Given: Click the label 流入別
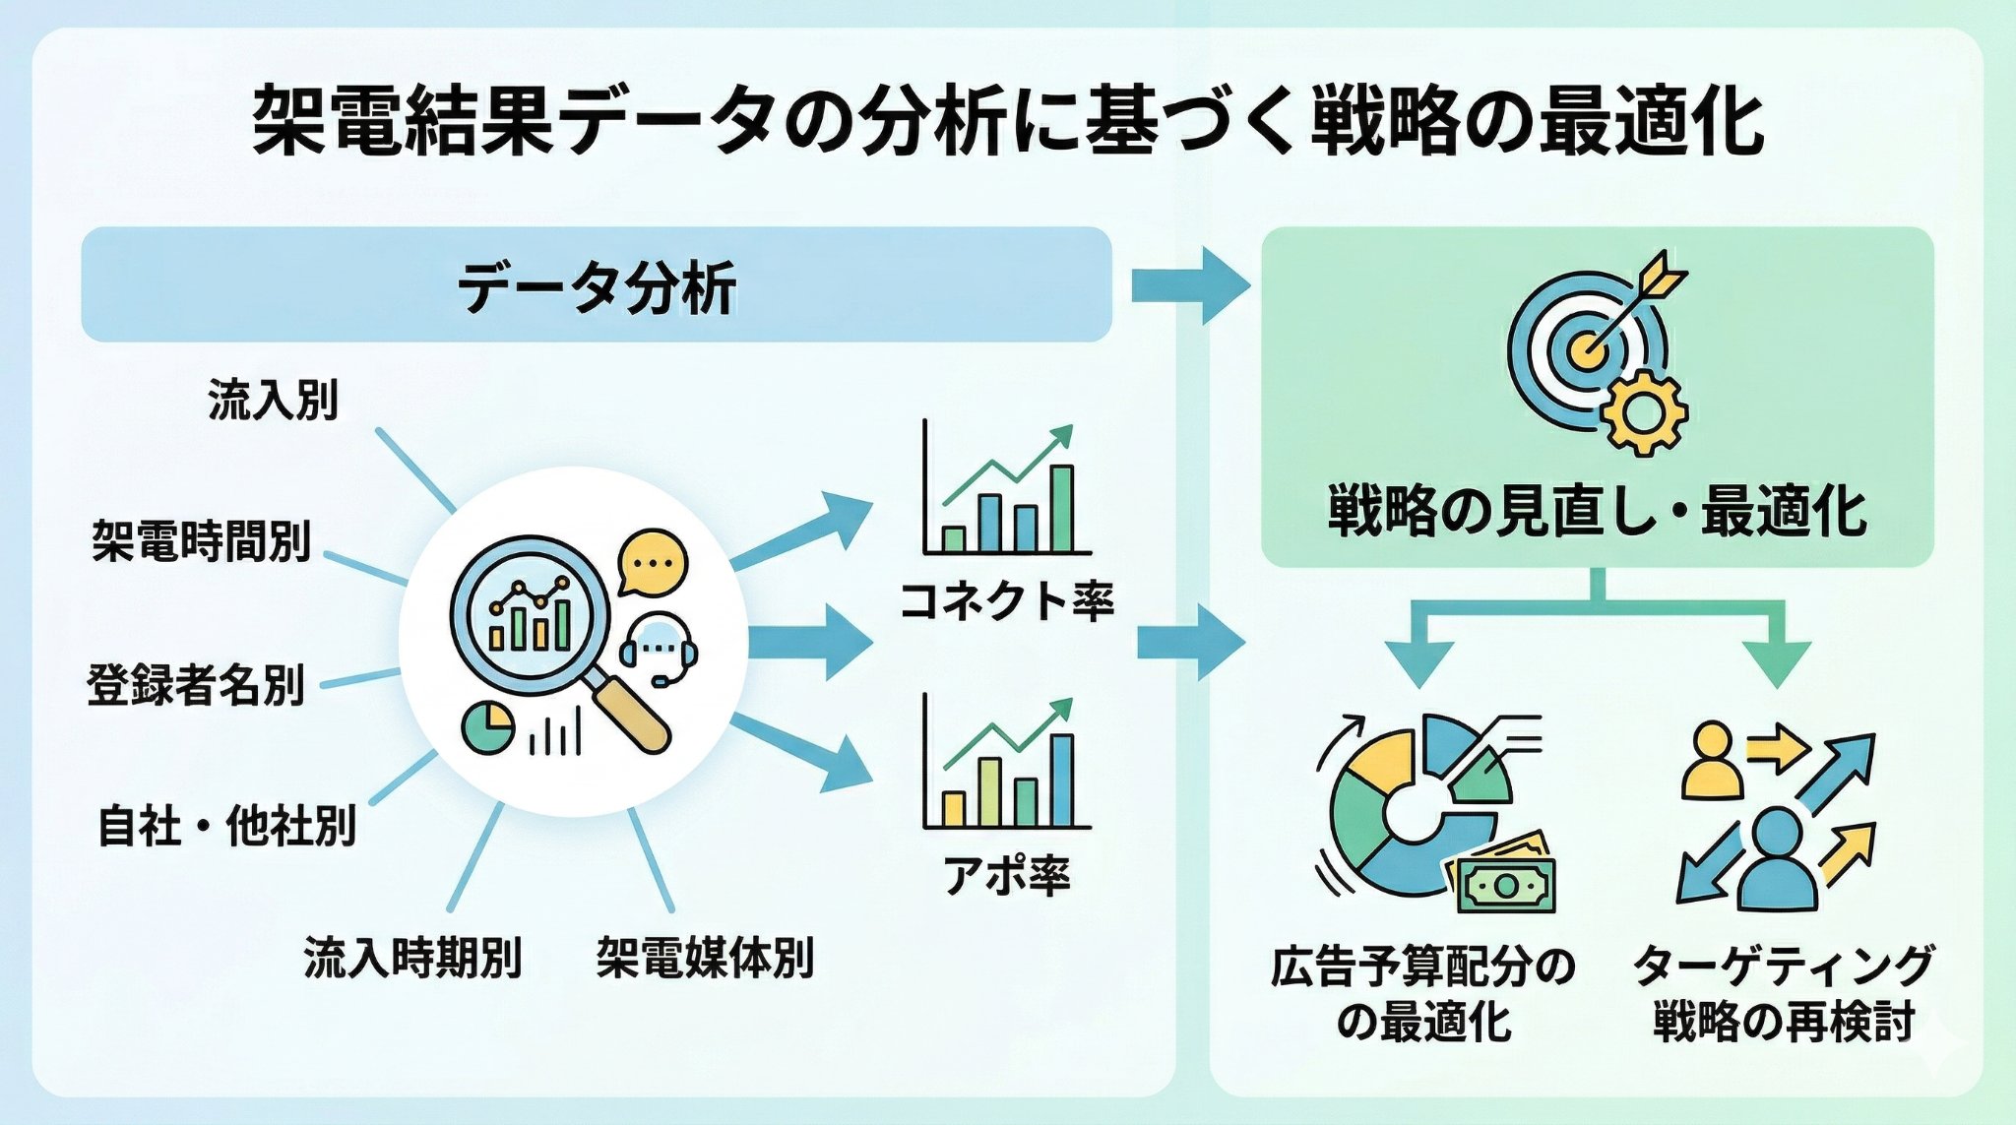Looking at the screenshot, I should (x=273, y=401).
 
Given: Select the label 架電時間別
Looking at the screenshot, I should (x=202, y=540).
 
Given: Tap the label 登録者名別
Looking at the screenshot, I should (x=196, y=685).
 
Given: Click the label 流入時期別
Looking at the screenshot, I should (x=412, y=957).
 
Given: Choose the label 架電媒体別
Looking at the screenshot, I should (x=705, y=957).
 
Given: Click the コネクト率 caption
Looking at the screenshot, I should (x=1006, y=600).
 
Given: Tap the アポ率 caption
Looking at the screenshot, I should (x=1006, y=874).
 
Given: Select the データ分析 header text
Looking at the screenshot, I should (x=597, y=287).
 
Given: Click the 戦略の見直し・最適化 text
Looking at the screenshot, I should (x=1597, y=511).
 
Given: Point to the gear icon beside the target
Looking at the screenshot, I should (x=1643, y=413).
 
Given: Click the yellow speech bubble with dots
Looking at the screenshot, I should (x=652, y=563).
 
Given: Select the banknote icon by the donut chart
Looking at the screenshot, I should (x=1503, y=879).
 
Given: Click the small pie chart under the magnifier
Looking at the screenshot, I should (x=487, y=728).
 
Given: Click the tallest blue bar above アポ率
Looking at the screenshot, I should (x=1061, y=781).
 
